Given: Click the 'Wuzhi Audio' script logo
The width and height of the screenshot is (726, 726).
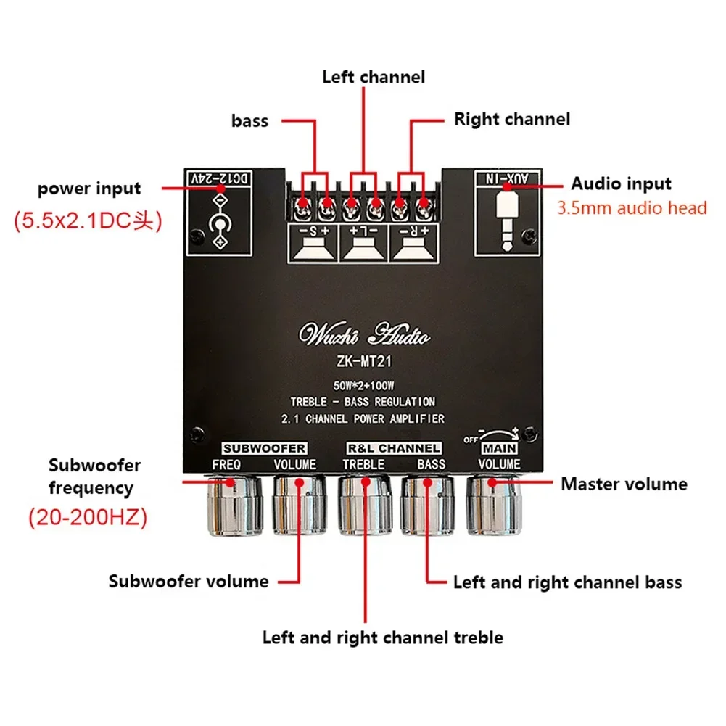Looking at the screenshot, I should click(x=365, y=336).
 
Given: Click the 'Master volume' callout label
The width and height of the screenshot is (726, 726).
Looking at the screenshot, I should click(x=624, y=484).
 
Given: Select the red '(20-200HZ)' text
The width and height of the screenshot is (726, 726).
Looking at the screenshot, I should click(x=88, y=518).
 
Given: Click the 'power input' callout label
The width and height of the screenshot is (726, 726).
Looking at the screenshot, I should click(x=89, y=189).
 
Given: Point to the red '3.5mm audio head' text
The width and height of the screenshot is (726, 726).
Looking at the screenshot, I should click(x=631, y=208).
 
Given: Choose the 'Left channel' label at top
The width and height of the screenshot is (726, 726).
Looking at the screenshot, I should click(x=374, y=76).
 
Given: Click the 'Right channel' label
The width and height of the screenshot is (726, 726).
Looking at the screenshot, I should click(x=511, y=119).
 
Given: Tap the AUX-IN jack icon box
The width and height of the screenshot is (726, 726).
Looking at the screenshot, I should click(x=507, y=214).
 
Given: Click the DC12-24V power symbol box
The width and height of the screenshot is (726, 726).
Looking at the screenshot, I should click(x=218, y=214).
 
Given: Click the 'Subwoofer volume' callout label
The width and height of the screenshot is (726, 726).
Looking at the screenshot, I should click(x=189, y=581).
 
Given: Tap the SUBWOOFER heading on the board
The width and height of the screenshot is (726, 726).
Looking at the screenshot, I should click(x=264, y=448).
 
